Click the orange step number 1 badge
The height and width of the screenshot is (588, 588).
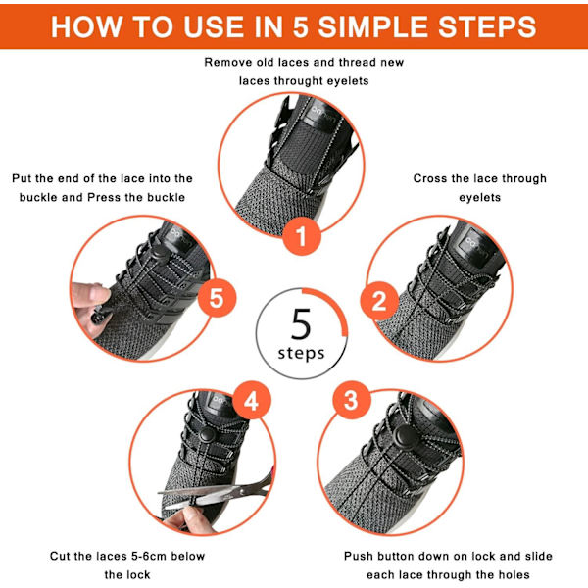coord(302,236)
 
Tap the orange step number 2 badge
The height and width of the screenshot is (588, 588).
coord(379,301)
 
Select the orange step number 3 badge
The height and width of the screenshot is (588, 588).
coord(352,400)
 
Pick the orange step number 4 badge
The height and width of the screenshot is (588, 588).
coord(252,400)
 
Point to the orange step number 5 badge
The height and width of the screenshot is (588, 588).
coord(217,298)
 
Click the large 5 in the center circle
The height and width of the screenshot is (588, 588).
coord(301,324)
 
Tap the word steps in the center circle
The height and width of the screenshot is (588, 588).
coord(301,354)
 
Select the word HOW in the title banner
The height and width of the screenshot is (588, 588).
coord(86,26)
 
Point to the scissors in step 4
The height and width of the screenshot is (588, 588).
coord(218,491)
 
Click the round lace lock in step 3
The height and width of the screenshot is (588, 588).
coord(403,436)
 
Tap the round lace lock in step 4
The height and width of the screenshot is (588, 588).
coord(207,435)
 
